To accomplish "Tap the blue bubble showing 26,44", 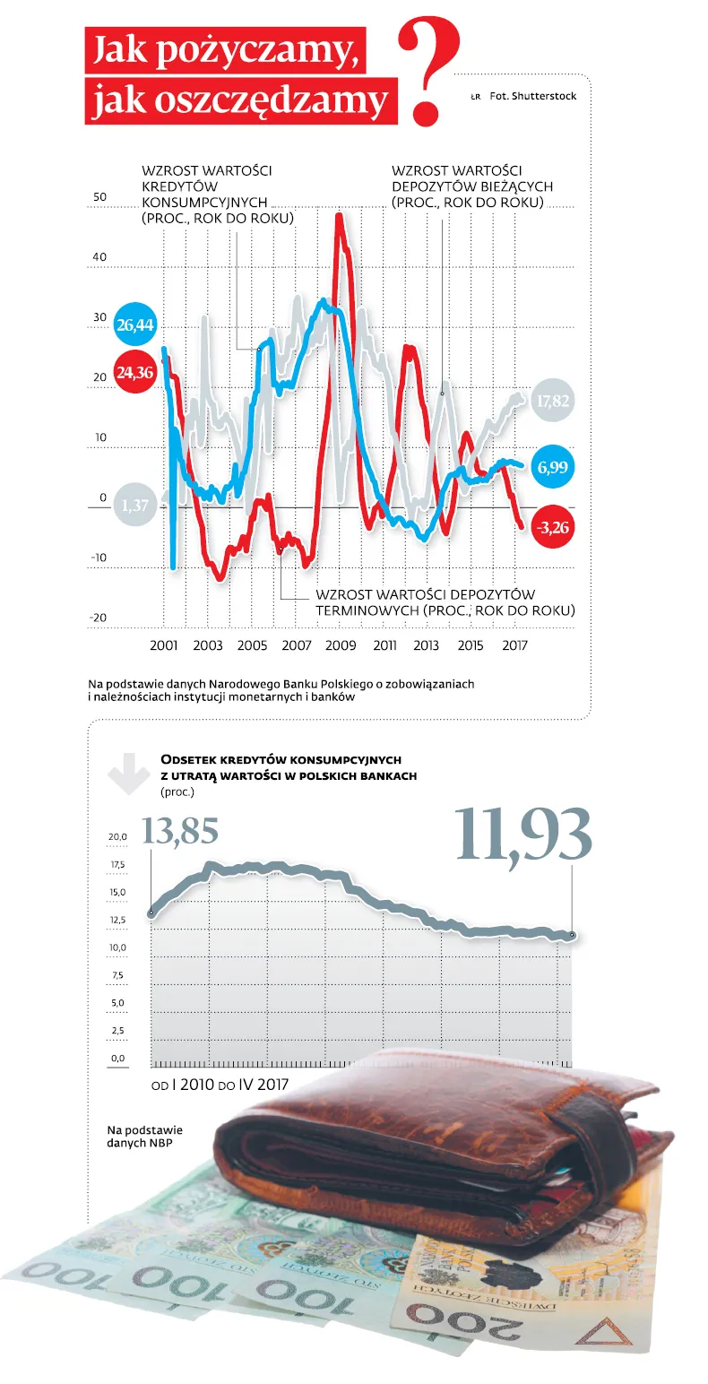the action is [x=135, y=324].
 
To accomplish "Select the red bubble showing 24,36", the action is [x=135, y=373].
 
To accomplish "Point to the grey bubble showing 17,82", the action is [x=552, y=401].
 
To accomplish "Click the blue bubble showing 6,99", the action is [x=552, y=467].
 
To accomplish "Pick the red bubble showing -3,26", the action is [x=552, y=527].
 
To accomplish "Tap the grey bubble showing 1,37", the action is [x=135, y=506].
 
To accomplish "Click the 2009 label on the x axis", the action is [x=341, y=645].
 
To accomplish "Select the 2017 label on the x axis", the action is [x=514, y=645].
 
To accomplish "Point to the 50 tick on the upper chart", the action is [x=99, y=197].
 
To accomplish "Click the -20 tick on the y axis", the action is [x=99, y=618].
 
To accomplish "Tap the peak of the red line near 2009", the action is [x=339, y=214].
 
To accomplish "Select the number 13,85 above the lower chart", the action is [x=180, y=830].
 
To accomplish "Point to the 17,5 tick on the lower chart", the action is [x=118, y=864].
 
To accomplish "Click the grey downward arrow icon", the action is [x=128, y=773].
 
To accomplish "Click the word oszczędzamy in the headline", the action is [x=239, y=100].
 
